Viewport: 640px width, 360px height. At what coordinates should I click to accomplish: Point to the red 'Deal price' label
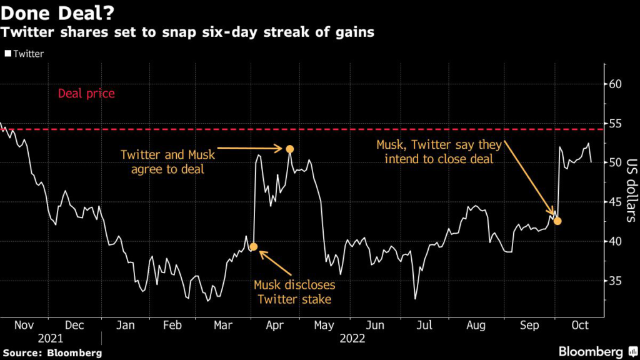tap(86, 94)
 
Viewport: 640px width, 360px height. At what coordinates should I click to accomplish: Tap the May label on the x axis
tap(324, 325)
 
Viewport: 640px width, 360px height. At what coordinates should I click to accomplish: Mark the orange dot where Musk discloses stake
tap(254, 247)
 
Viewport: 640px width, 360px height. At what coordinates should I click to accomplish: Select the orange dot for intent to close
tap(557, 221)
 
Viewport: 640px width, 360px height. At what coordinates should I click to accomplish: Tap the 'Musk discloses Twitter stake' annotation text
tap(294, 292)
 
